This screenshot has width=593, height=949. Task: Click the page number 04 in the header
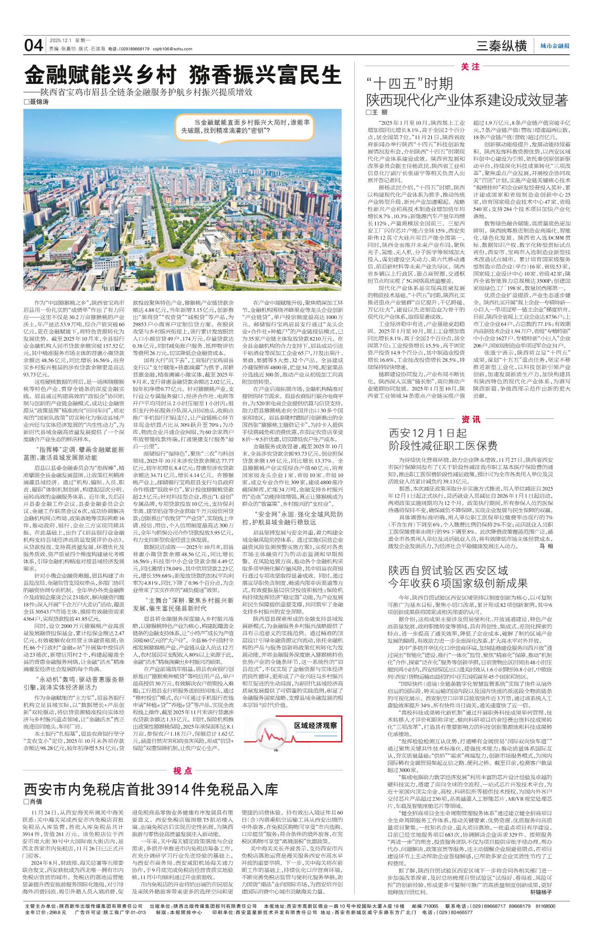(34, 46)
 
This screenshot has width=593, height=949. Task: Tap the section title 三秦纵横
(501, 46)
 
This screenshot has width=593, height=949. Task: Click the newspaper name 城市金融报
(555, 47)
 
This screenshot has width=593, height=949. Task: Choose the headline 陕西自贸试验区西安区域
(448, 571)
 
